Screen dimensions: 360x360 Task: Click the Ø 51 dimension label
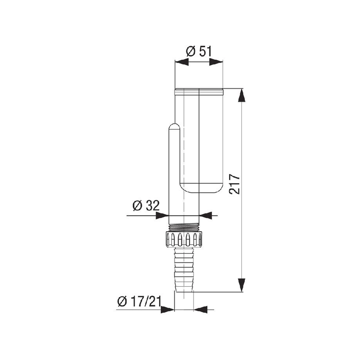(x=199, y=52)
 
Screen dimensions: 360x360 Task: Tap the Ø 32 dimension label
(x=146, y=206)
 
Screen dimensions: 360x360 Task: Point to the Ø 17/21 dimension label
(x=139, y=301)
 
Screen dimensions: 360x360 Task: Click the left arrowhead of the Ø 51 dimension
(x=182, y=62)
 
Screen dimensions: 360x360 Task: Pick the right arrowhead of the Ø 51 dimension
(x=216, y=62)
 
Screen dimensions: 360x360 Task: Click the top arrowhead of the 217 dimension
(x=241, y=95)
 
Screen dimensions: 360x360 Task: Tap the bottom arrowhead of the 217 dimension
(x=241, y=285)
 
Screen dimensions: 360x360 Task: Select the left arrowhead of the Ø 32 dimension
(x=162, y=216)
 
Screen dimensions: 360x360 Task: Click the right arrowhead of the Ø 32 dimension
(x=206, y=216)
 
